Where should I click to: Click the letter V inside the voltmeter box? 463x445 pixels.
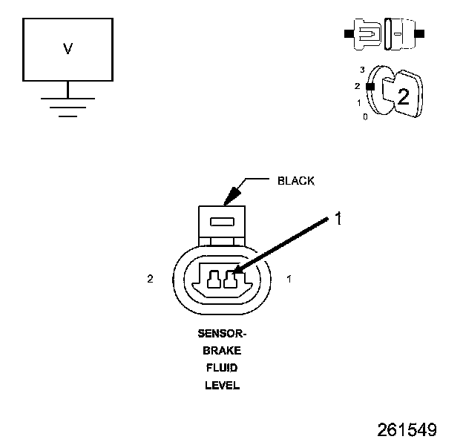[x=68, y=50]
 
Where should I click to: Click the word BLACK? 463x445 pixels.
[x=295, y=181]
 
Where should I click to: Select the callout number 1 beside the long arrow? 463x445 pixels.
[x=338, y=219]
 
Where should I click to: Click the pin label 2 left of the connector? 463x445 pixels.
[x=150, y=279]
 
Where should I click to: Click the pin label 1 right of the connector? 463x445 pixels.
[x=289, y=279]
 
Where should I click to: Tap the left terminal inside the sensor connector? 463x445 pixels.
[x=214, y=280]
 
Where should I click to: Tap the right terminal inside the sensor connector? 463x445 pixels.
[x=231, y=280]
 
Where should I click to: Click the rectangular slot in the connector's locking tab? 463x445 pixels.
[x=222, y=221]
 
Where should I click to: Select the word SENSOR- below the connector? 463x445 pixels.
[x=222, y=334]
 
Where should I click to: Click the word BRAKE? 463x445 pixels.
[x=222, y=351]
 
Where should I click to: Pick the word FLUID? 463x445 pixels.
[x=222, y=368]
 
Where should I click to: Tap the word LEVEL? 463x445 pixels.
[x=222, y=385]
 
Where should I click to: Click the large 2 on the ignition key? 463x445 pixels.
[x=403, y=96]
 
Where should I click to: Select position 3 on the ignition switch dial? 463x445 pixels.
[x=361, y=69]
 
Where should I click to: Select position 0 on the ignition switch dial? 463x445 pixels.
[x=364, y=117]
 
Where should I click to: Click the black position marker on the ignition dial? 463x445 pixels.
[x=370, y=86]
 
